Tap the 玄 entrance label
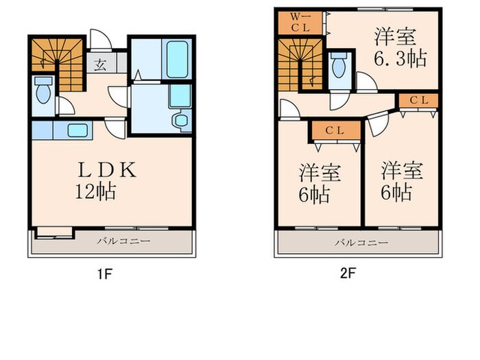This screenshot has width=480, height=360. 100,66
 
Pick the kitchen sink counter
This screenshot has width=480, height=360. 77,130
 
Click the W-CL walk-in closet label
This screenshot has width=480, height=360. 297,22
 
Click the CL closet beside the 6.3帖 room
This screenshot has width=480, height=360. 418,100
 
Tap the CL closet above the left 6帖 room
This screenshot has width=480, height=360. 334,130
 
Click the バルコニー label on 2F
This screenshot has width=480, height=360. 361,242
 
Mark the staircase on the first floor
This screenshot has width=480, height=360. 56,62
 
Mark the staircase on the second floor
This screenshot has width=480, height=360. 300,63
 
